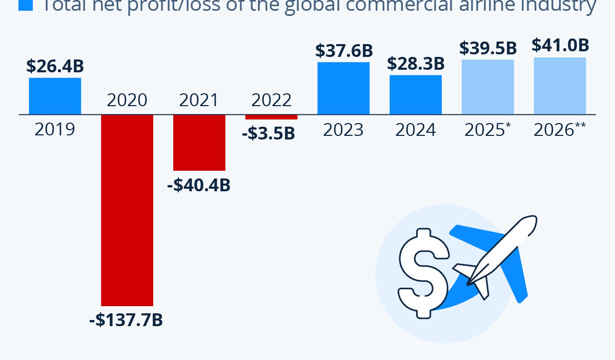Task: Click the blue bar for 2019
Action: pyautogui.click(x=55, y=96)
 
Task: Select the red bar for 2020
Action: pyautogui.click(x=127, y=210)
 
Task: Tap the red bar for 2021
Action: pyautogui.click(x=199, y=142)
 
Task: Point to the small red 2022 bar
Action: pyautogui.click(x=271, y=116)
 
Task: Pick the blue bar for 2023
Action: pyautogui.click(x=343, y=88)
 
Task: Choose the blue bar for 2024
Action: pyautogui.click(x=416, y=94)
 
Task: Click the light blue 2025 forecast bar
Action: pyautogui.click(x=487, y=87)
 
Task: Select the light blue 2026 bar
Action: pyautogui.click(x=560, y=86)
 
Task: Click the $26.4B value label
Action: pyautogui.click(x=55, y=66)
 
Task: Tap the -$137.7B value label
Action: pyautogui.click(x=126, y=320)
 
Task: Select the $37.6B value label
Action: pyautogui.click(x=343, y=50)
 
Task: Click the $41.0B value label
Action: pyautogui.click(x=560, y=45)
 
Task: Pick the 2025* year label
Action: pyautogui.click(x=487, y=130)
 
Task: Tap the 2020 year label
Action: pyautogui.click(x=127, y=99)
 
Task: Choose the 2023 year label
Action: pyautogui.click(x=343, y=130)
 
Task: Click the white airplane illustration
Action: pyautogui.click(x=495, y=256)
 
